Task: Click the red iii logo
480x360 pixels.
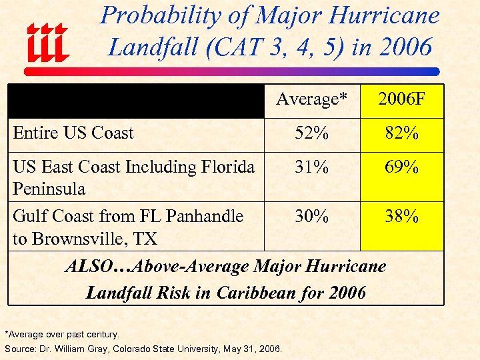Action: [47, 41]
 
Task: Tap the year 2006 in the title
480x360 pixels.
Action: [404, 47]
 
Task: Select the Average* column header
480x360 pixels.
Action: [311, 99]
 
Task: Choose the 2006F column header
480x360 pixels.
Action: [401, 99]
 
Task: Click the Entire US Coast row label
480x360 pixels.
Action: [73, 133]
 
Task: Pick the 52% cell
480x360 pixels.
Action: [311, 133]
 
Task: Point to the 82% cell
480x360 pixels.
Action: [401, 133]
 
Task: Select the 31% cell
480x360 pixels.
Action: [311, 167]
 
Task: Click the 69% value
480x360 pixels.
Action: [401, 167]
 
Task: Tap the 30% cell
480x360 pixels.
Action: [311, 217]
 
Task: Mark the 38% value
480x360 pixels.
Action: [401, 217]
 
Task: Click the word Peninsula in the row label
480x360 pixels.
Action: [49, 189]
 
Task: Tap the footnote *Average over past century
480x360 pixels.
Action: [62, 334]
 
